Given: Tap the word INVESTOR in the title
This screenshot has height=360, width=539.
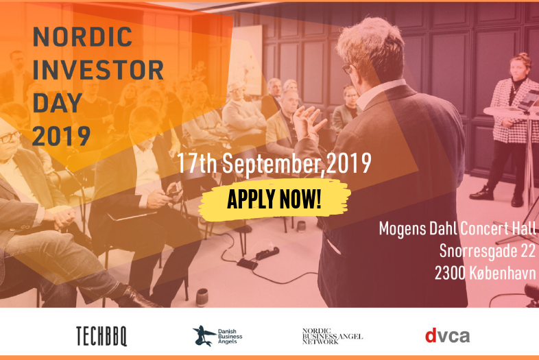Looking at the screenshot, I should pyautogui.click(x=98, y=69).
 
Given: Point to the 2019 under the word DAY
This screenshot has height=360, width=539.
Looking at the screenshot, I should pyautogui.click(x=61, y=135).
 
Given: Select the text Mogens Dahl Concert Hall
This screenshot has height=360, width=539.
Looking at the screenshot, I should pyautogui.click(x=458, y=228).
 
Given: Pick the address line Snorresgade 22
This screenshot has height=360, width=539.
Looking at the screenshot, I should pyautogui.click(x=488, y=250).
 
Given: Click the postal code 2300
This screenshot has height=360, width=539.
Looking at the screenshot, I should pyautogui.click(x=450, y=272).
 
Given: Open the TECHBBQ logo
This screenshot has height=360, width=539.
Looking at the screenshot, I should pyautogui.click(x=101, y=335).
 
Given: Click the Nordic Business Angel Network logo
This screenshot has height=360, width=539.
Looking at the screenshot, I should pyautogui.click(x=333, y=335).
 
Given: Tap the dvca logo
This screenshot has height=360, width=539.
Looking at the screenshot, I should pyautogui.click(x=447, y=335).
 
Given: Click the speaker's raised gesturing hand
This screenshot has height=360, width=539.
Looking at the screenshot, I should pyautogui.click(x=309, y=122).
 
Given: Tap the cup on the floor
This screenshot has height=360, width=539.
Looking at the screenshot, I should pyautogui.click(x=202, y=297).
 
